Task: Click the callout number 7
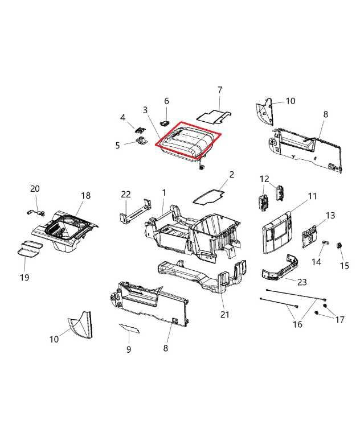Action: pos(219,90)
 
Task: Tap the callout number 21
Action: pos(224,315)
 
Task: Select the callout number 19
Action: pos(24,278)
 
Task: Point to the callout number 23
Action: pos(302,281)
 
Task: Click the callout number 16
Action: pos(297,324)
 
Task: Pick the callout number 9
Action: pos(128,349)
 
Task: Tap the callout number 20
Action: pos(35,189)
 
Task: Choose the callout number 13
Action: pos(330,215)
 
